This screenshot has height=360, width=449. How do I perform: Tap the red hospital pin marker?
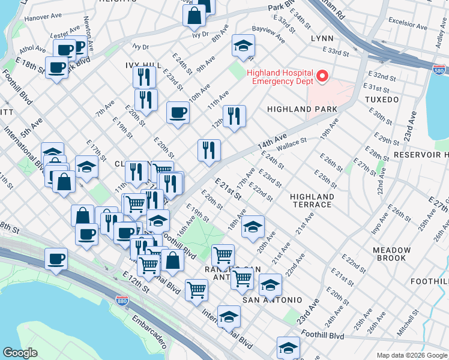pyautogui.click(x=322, y=76)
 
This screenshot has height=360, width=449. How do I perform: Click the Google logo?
pyautogui.click(x=20, y=352)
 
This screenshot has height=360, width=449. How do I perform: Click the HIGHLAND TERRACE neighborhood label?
pyautogui.click(x=311, y=200)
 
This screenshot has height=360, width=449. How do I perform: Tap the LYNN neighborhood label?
pyautogui.click(x=321, y=38)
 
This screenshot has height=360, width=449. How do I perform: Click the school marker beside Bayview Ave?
pyautogui.click(x=243, y=46)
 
